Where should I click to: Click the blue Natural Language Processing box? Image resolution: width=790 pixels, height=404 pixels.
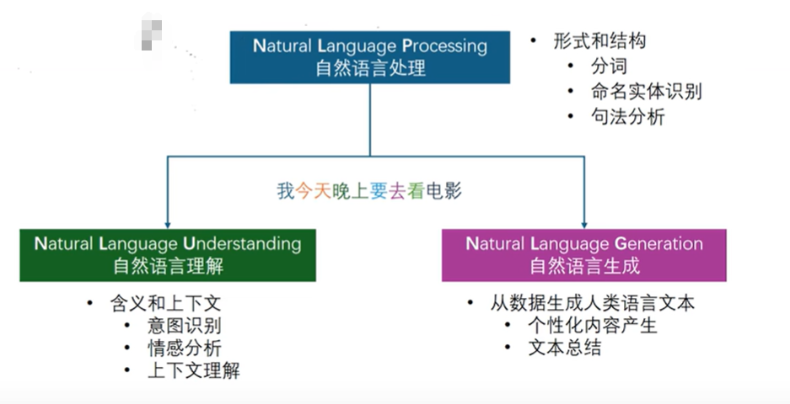369,57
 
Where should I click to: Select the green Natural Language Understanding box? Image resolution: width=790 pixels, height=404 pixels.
168,254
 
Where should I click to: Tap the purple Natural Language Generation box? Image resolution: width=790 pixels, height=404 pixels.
584,254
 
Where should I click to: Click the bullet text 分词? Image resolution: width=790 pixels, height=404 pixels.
609,66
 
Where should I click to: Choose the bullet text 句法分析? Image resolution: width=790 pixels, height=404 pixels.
627,117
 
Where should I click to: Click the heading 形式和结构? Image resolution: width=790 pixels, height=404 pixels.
599,40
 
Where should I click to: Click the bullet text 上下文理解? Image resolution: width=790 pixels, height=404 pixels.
194,370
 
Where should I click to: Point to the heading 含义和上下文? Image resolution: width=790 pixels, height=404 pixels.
165,303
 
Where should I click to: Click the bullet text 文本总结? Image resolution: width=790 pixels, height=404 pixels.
564,348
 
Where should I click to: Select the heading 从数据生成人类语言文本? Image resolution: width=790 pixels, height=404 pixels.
593,303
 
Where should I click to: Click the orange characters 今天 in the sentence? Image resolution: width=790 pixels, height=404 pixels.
314,191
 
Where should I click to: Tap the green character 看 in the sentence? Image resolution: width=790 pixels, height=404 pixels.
416,191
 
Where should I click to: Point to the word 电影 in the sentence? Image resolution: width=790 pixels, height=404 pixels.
443,191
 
